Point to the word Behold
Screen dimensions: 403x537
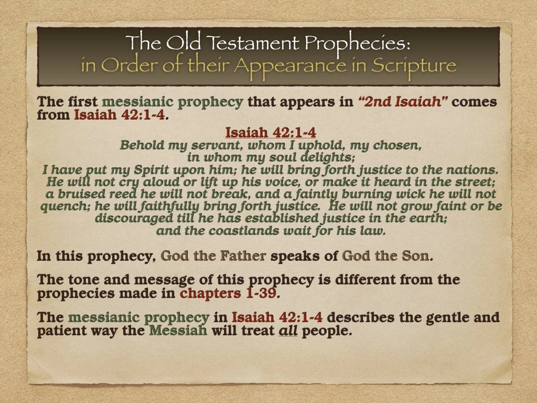139,145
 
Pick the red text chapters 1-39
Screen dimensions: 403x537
228,293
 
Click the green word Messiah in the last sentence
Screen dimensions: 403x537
179,331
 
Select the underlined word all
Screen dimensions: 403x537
287,331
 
